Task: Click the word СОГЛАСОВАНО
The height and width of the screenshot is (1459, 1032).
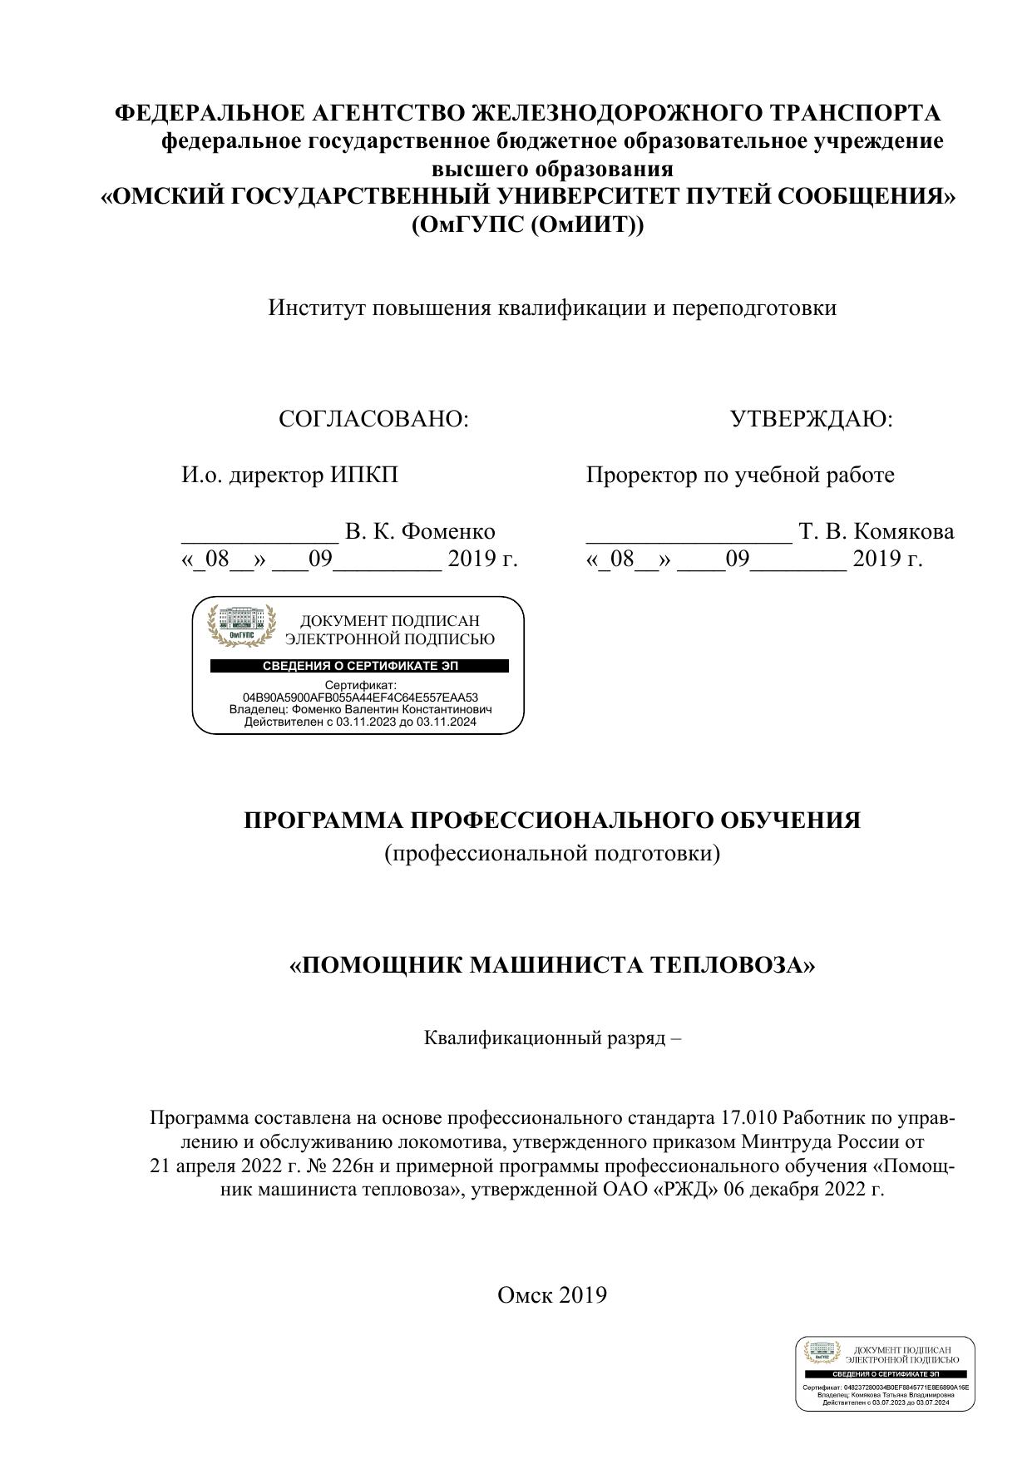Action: pyautogui.click(x=373, y=420)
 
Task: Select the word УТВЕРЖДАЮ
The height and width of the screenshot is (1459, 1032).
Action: pyautogui.click(x=811, y=420)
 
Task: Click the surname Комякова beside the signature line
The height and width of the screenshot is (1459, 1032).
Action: pyautogui.click(x=902, y=531)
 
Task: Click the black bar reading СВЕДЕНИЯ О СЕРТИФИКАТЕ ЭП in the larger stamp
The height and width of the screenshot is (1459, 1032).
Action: pyautogui.click(x=359, y=666)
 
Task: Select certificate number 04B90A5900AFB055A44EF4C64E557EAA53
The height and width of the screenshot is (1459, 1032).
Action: pyautogui.click(x=360, y=697)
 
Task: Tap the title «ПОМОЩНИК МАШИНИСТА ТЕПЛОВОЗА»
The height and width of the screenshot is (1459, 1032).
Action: pyautogui.click(x=552, y=965)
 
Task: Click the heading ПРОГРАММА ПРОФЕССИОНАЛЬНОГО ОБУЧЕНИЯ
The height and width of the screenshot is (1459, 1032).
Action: pyautogui.click(x=552, y=821)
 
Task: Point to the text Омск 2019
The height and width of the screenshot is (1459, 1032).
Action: pyautogui.click(x=552, y=1294)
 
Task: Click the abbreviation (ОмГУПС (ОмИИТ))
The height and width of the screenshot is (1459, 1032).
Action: pyautogui.click(x=527, y=225)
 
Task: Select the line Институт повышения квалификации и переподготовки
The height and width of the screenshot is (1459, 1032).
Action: pyautogui.click(x=552, y=308)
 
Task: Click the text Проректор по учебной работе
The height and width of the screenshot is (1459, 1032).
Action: pyautogui.click(x=740, y=476)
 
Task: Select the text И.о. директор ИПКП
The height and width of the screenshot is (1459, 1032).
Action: pyautogui.click(x=290, y=476)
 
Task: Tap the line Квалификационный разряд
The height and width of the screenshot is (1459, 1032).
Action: pyautogui.click(x=552, y=1038)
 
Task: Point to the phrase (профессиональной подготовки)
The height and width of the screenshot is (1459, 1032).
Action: pyautogui.click(x=552, y=854)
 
